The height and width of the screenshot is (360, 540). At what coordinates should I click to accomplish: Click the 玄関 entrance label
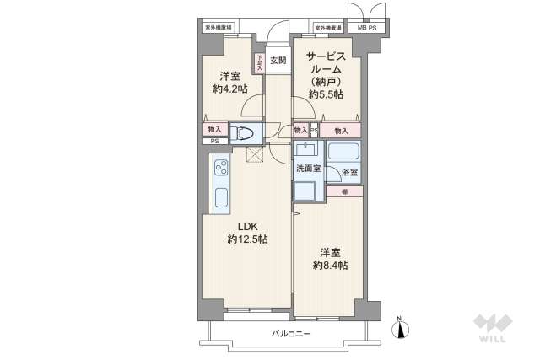278,60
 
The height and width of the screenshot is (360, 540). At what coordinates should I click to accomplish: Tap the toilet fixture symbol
243,132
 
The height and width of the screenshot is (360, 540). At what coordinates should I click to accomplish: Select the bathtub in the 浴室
344,153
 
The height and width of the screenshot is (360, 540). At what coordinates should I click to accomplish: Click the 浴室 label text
349,174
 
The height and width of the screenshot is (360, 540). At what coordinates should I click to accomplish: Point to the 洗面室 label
307,169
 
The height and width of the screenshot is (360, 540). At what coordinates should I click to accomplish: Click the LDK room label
246,225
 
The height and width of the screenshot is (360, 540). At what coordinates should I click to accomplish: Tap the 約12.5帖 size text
246,239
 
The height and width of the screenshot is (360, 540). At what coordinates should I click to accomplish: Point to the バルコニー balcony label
291,335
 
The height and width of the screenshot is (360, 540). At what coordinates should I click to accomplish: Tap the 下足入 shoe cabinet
259,63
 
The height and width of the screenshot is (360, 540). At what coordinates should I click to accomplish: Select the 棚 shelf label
344,191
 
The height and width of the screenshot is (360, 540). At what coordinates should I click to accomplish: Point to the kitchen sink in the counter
222,200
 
